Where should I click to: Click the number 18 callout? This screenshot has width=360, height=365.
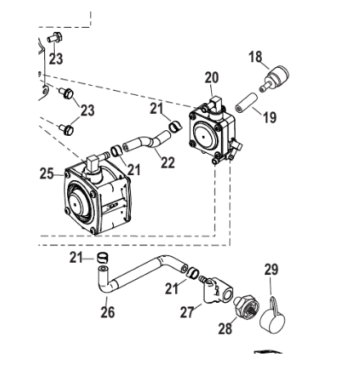click(255, 57)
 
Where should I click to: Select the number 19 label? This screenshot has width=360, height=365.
click(270, 118)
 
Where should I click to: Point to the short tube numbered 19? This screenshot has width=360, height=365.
click(246, 103)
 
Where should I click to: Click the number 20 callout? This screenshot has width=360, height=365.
click(212, 78)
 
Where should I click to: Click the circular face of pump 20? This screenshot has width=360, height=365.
click(205, 136)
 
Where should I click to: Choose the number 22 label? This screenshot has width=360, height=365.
click(168, 163)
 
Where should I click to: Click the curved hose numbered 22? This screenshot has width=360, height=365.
click(147, 142)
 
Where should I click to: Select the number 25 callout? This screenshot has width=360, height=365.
click(47, 173)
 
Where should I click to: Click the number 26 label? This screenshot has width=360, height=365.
click(108, 312)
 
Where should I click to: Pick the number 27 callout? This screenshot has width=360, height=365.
click(187, 312)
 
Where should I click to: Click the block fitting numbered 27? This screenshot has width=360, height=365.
click(218, 290)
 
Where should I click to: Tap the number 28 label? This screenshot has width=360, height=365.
click(225, 329)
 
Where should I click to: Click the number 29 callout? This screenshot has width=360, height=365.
click(271, 269)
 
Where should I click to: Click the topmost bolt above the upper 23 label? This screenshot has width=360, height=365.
click(55, 38)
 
